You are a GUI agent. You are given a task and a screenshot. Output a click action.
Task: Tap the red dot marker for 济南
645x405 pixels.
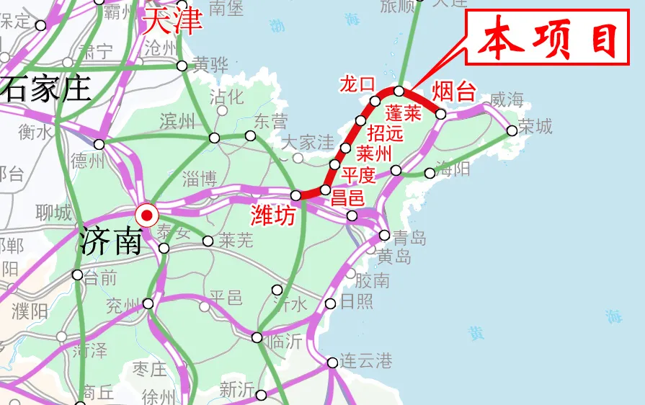coord(148,214)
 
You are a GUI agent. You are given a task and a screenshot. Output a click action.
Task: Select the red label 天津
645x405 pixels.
coord(172,21)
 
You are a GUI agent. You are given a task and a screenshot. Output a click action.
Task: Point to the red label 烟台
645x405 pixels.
coord(454,92)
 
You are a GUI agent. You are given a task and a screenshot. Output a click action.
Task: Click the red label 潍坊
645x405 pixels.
coord(273,214)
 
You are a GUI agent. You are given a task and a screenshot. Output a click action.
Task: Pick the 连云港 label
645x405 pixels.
coord(366,361)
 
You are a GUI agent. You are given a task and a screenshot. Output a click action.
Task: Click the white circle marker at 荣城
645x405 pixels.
coord(512,130)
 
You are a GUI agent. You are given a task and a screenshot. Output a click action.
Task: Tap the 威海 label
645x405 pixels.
coord(507,99)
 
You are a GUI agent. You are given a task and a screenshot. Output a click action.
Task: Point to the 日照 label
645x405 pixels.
coord(357,302)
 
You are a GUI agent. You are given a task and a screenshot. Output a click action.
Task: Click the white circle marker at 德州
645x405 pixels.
coord(99,144)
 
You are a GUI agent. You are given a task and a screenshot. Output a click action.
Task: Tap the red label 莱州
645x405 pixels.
coord(374,153)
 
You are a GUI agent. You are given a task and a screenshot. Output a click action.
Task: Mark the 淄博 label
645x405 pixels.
coord(200,178)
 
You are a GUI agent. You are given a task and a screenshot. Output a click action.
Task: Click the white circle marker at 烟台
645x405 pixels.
coord(441,114)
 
